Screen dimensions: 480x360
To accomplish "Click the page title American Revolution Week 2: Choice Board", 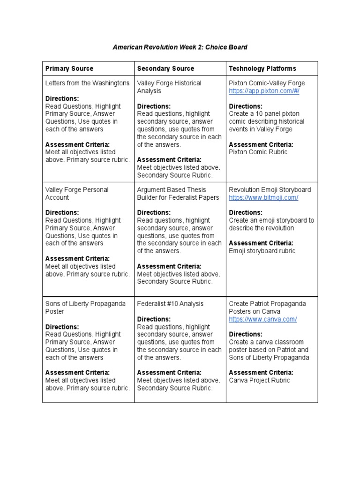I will pos(180,47).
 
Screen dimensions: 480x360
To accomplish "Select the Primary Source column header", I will pos(69,68).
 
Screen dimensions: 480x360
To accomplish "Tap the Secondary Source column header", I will pos(165,68).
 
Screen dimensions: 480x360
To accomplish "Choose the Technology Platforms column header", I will pos(262,68).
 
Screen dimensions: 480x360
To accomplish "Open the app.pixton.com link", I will pos(264,91).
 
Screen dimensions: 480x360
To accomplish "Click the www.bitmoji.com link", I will pos(263,198).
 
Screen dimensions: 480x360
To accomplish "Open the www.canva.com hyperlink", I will pos(262,319).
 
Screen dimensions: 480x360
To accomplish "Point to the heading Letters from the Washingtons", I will pos(87,83).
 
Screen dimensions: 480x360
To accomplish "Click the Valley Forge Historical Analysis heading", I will pos(169,87).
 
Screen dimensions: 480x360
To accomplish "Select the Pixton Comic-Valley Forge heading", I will pos(267,83).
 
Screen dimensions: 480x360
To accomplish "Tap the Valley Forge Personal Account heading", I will pos(77,194).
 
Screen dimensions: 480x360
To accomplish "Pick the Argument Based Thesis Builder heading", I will pos(178,194).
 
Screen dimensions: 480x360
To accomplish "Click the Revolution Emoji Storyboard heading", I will pos(270,190).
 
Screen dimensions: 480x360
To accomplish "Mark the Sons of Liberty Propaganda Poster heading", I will pos(85,307).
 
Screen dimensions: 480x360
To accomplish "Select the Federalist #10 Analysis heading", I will pos(170,304).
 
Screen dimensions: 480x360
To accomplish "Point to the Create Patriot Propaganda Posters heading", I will pos(267,307).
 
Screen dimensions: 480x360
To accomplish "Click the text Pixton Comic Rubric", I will pos(258,152).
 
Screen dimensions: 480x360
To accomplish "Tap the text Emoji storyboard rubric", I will pos(262,251).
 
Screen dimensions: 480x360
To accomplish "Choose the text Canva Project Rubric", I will pos(259,381).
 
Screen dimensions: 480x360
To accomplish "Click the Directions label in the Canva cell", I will pos(246,335).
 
